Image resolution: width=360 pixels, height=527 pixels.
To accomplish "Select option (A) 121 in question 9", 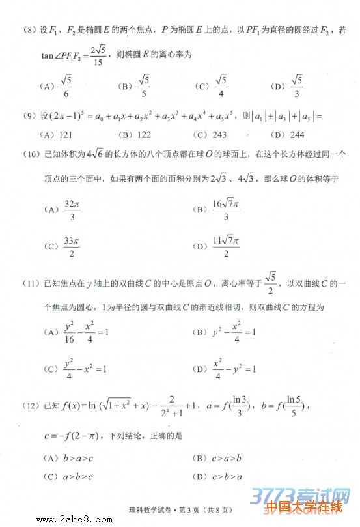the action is click(64, 135).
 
